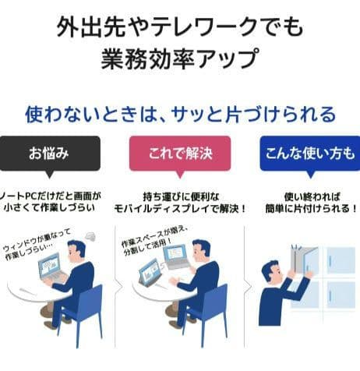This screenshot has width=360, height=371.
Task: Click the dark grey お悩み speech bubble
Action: click(x=49, y=154)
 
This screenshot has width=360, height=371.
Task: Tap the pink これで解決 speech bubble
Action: click(x=180, y=154)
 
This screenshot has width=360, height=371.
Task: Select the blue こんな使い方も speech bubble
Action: click(x=310, y=154)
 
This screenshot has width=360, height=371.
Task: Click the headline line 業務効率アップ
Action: click(x=180, y=58)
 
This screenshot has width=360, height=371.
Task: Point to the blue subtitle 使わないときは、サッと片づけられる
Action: click(x=180, y=115)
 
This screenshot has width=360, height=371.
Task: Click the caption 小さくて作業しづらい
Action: click(x=49, y=208)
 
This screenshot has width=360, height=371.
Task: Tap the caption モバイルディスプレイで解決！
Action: click(x=180, y=208)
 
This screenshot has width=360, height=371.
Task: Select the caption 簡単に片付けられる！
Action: click(x=311, y=208)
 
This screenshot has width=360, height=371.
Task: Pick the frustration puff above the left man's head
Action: click(x=90, y=237)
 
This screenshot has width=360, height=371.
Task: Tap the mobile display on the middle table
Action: click(x=150, y=272)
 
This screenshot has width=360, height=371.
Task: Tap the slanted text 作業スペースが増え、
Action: click(x=154, y=238)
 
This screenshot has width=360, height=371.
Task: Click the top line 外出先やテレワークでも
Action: click(x=180, y=26)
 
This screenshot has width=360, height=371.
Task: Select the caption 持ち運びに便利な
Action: click(x=181, y=196)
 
